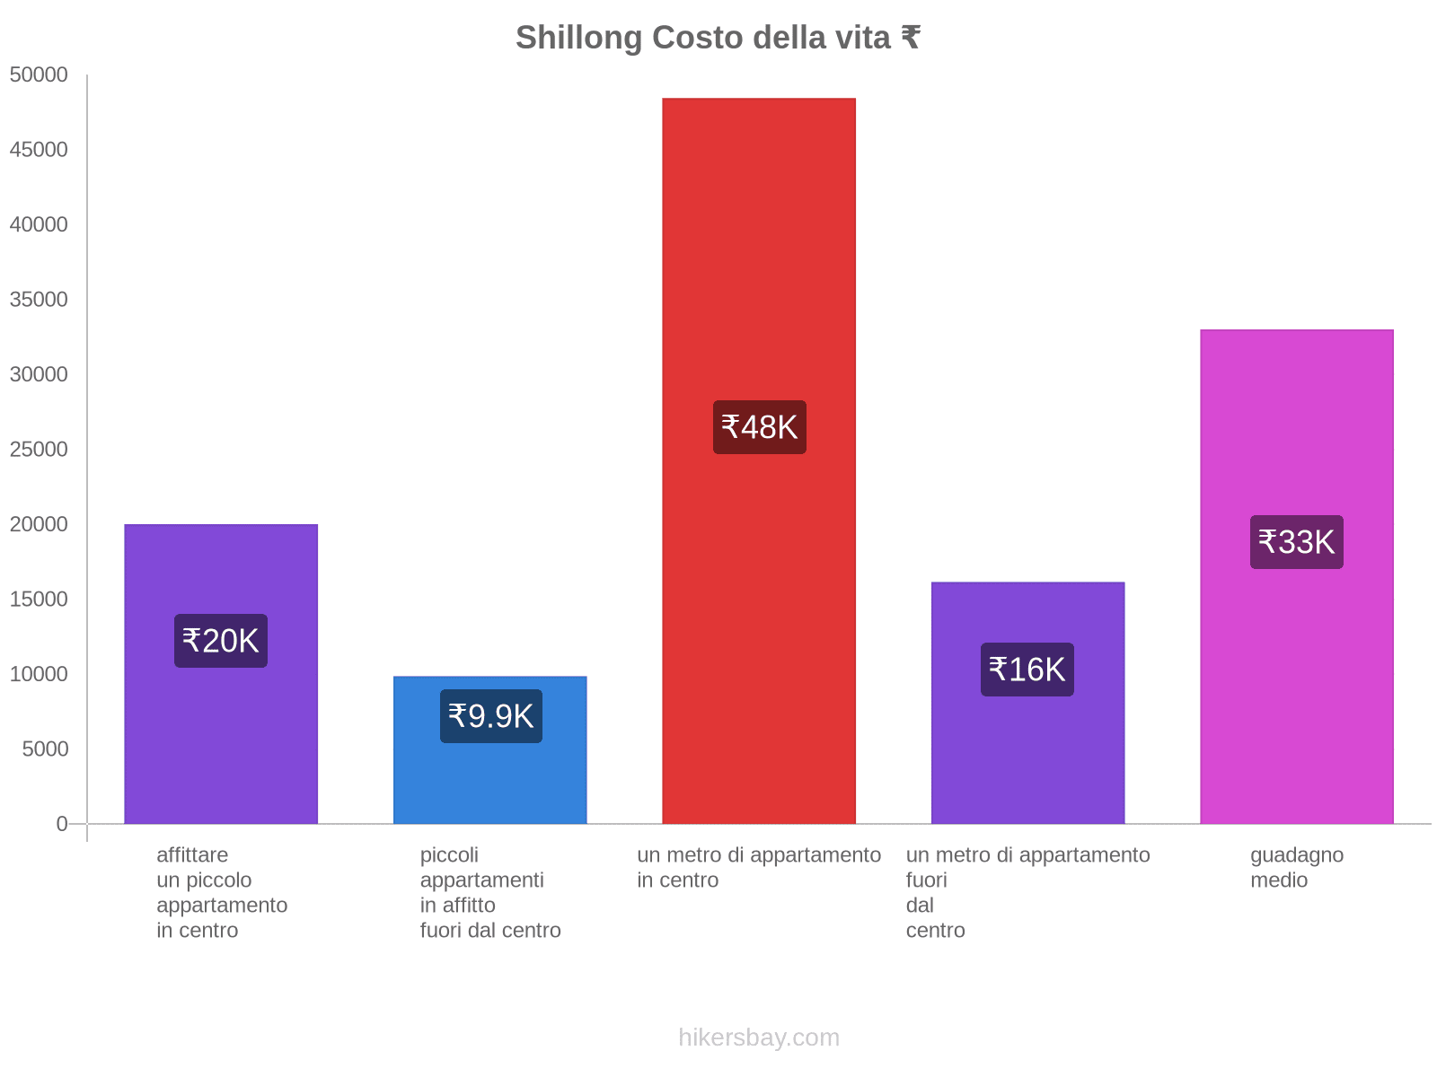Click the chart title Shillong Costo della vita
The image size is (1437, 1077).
pyautogui.click(x=717, y=38)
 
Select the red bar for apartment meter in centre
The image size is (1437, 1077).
pyautogui.click(x=759, y=269)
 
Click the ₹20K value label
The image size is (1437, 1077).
pyautogui.click(x=221, y=641)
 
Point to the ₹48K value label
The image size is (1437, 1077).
pyautogui.click(x=760, y=427)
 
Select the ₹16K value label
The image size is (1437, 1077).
pyautogui.click(x=1027, y=670)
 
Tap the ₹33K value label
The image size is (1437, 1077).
pyautogui.click(x=1297, y=542)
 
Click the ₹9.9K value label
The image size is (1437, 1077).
pyautogui.click(x=491, y=716)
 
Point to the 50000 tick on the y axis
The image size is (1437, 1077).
pyautogui.click(x=40, y=75)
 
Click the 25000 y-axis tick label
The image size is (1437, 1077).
pyautogui.click(x=40, y=450)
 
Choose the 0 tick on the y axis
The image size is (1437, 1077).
pyautogui.click(x=62, y=824)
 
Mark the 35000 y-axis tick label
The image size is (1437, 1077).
pyautogui.click(x=40, y=300)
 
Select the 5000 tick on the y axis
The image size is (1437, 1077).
pyautogui.click(x=46, y=749)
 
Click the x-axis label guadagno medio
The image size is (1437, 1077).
pyautogui.click(x=1297, y=867)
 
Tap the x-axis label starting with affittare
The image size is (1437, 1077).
pyautogui.click(x=221, y=892)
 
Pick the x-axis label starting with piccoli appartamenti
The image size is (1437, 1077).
pyautogui.click(x=490, y=892)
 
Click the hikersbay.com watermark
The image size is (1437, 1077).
pyautogui.click(x=759, y=1038)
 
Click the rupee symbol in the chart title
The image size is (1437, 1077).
pyautogui.click(x=910, y=38)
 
